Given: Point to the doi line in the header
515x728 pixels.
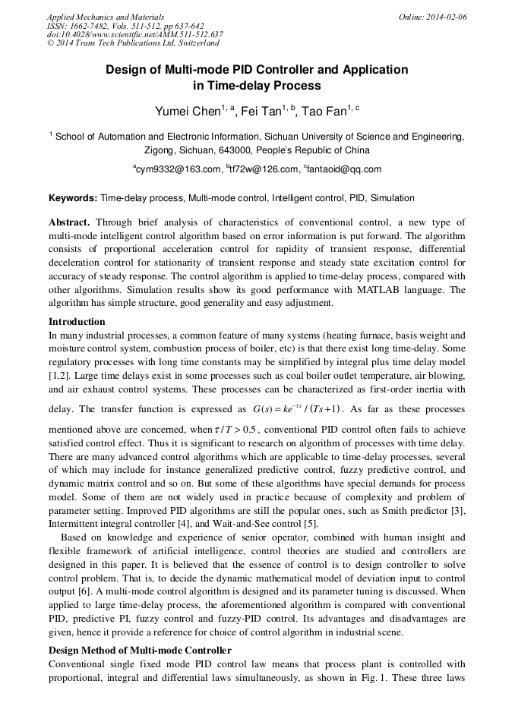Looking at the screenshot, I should click(134, 34).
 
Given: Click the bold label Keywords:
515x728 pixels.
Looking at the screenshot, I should click(73, 198).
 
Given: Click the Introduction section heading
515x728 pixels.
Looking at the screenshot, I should click(77, 322).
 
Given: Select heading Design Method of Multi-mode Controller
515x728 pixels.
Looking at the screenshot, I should click(140, 651).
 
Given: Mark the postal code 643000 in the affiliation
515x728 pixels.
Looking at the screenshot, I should click(238, 150).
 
